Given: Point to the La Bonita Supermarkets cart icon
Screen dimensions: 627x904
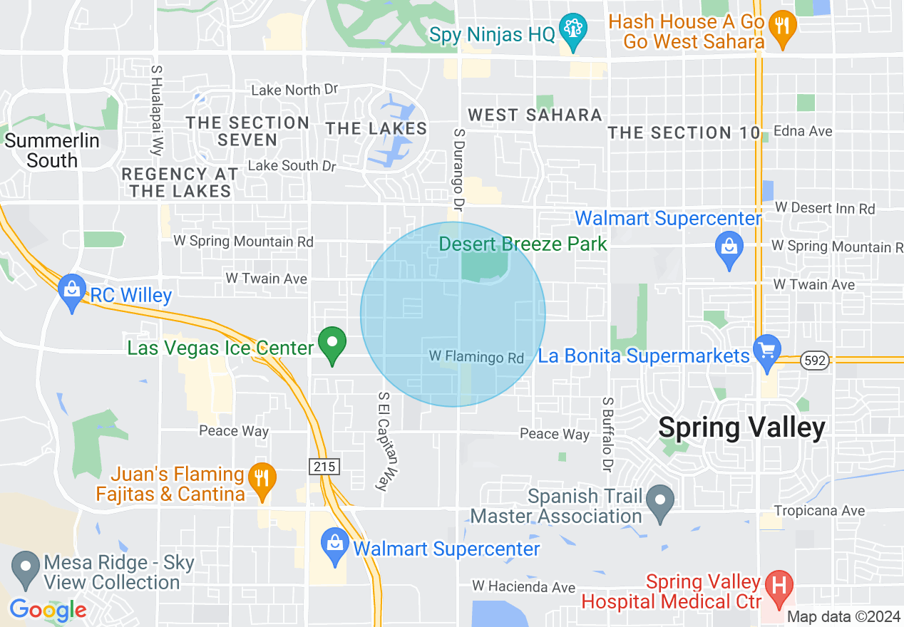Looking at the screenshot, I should pos(767,351).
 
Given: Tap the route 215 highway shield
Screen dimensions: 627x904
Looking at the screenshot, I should pos(324,467).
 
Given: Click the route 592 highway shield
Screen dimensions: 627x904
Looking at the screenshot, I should pos(814,361).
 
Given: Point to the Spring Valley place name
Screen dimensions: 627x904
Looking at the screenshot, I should pos(741,427).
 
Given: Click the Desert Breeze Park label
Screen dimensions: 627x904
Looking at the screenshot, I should pos(523,244).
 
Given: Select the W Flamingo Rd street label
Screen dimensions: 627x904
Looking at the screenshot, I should pos(476,356).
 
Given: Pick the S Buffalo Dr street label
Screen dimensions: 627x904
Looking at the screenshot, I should pos(607,435).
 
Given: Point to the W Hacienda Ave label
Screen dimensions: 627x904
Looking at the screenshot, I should pos(523,586).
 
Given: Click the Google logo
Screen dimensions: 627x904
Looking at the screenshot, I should pos(48,610).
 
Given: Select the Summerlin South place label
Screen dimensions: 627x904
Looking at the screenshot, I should pos(52,150).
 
